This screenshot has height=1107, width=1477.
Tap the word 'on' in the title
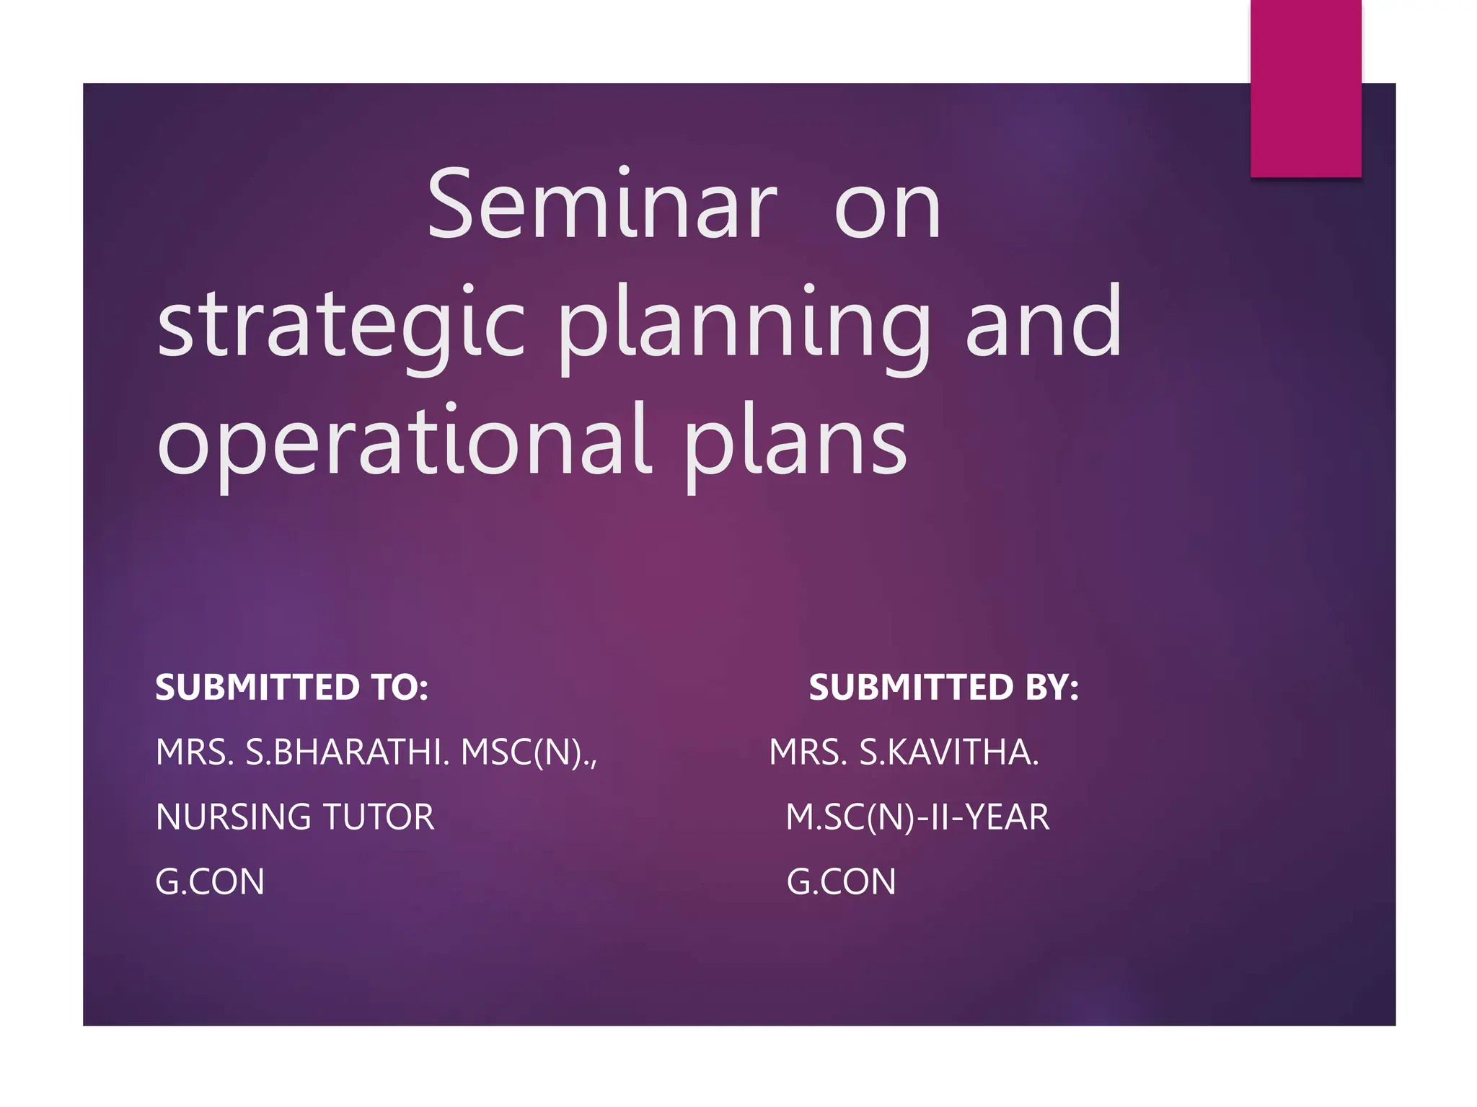click(x=887, y=210)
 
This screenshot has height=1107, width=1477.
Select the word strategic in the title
click(x=340, y=324)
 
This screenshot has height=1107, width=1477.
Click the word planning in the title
click(x=744, y=324)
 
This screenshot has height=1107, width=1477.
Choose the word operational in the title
click(x=404, y=441)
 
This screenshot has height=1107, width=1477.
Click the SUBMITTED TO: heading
click(x=291, y=687)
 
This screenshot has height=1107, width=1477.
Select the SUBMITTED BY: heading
click(x=943, y=687)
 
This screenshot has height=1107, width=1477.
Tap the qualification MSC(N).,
click(x=529, y=752)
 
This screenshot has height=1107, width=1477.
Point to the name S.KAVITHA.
click(x=948, y=752)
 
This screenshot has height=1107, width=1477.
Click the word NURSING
click(x=233, y=817)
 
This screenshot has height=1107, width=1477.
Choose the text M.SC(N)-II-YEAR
click(x=917, y=817)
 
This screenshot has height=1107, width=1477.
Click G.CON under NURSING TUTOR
click(x=210, y=881)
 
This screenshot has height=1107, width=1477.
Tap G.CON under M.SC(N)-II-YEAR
click(x=841, y=881)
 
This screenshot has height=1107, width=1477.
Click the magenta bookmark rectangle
click(x=1305, y=88)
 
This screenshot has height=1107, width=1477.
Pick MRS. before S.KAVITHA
click(x=808, y=752)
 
